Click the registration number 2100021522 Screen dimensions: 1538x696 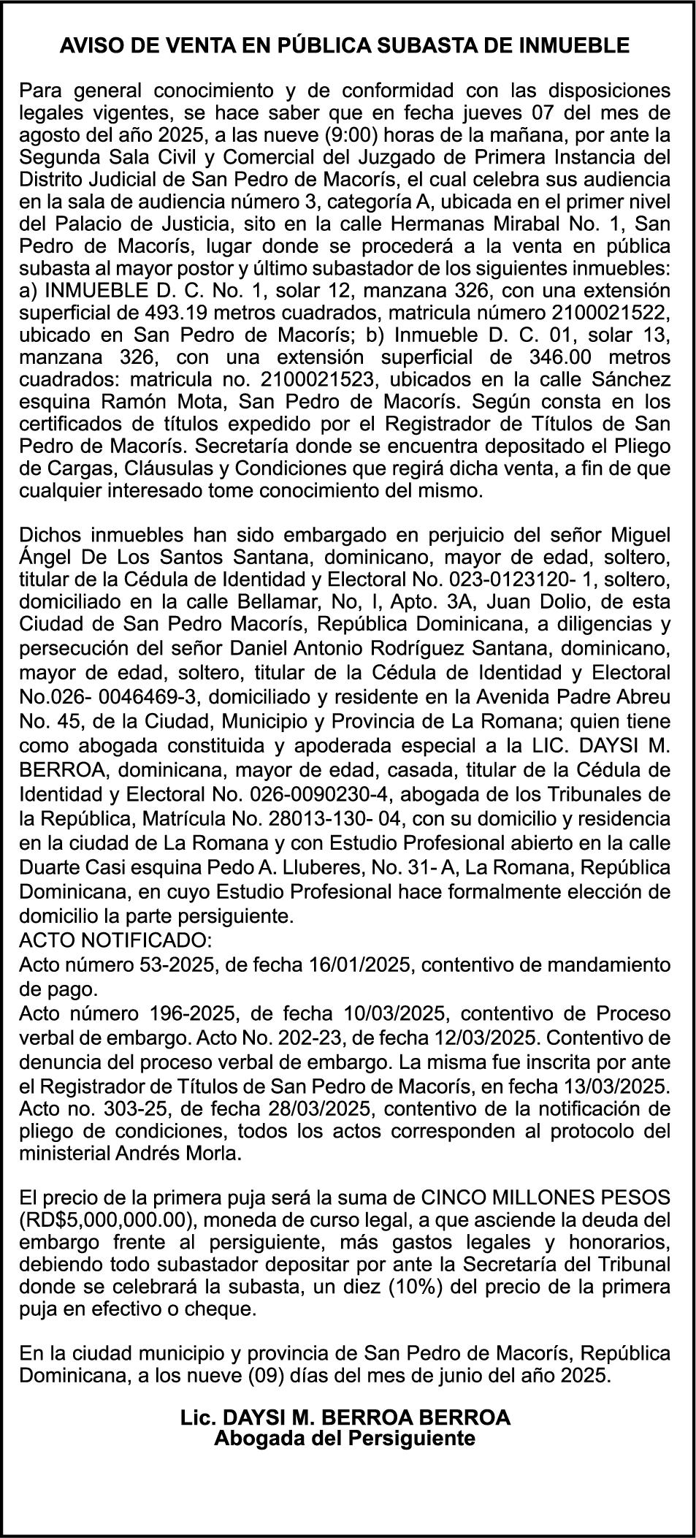[x=611, y=313]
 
